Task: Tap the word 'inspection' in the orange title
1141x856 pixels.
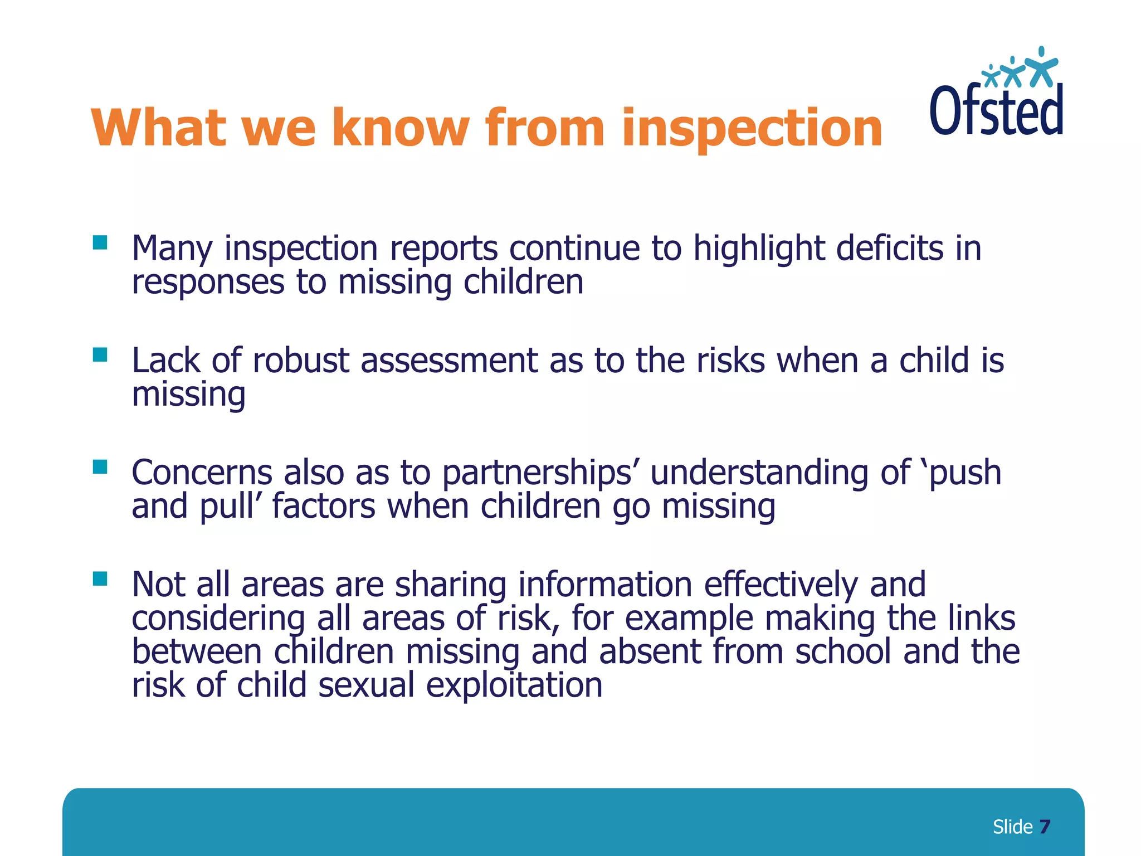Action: pos(752,128)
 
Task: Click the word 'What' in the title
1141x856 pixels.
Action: pos(159,128)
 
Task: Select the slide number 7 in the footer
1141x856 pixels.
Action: pos(1045,826)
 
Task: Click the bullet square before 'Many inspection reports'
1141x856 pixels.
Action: pos(100,242)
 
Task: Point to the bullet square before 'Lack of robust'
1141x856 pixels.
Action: pos(100,355)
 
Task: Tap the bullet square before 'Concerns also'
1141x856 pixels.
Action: pos(100,467)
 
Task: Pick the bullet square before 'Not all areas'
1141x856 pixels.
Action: pos(100,579)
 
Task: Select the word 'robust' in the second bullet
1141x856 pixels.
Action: pos(301,361)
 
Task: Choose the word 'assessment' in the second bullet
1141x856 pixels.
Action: pos(449,361)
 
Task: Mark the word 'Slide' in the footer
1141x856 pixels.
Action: pos(1012,826)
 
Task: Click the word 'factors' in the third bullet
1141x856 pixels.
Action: pos(324,507)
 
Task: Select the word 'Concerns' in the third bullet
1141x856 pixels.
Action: pos(202,473)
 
